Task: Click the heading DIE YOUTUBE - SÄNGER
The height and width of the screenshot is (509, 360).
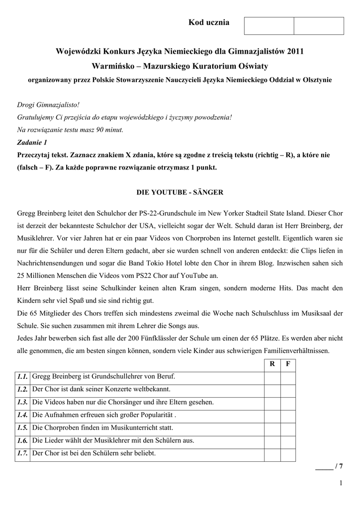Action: point(180,191)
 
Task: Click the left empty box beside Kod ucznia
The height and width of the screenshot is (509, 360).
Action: point(269,26)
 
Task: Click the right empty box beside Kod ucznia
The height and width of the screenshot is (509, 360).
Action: point(319,26)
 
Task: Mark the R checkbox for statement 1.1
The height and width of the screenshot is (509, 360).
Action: point(272,376)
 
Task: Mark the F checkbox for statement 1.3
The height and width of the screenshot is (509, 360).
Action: point(288,402)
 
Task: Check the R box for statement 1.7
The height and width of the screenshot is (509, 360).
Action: point(272,453)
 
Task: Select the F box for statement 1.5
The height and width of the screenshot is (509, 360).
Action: point(288,427)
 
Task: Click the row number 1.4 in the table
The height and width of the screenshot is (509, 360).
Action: point(21,415)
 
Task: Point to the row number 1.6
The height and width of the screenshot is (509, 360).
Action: point(21,440)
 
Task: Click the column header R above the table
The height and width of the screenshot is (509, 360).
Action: point(272,364)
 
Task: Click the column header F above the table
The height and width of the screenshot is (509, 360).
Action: point(288,364)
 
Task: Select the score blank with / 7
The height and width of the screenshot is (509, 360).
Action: point(329,466)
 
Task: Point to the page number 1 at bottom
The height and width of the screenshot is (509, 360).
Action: point(341,483)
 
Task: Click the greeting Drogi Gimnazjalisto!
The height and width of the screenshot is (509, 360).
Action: point(48,106)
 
